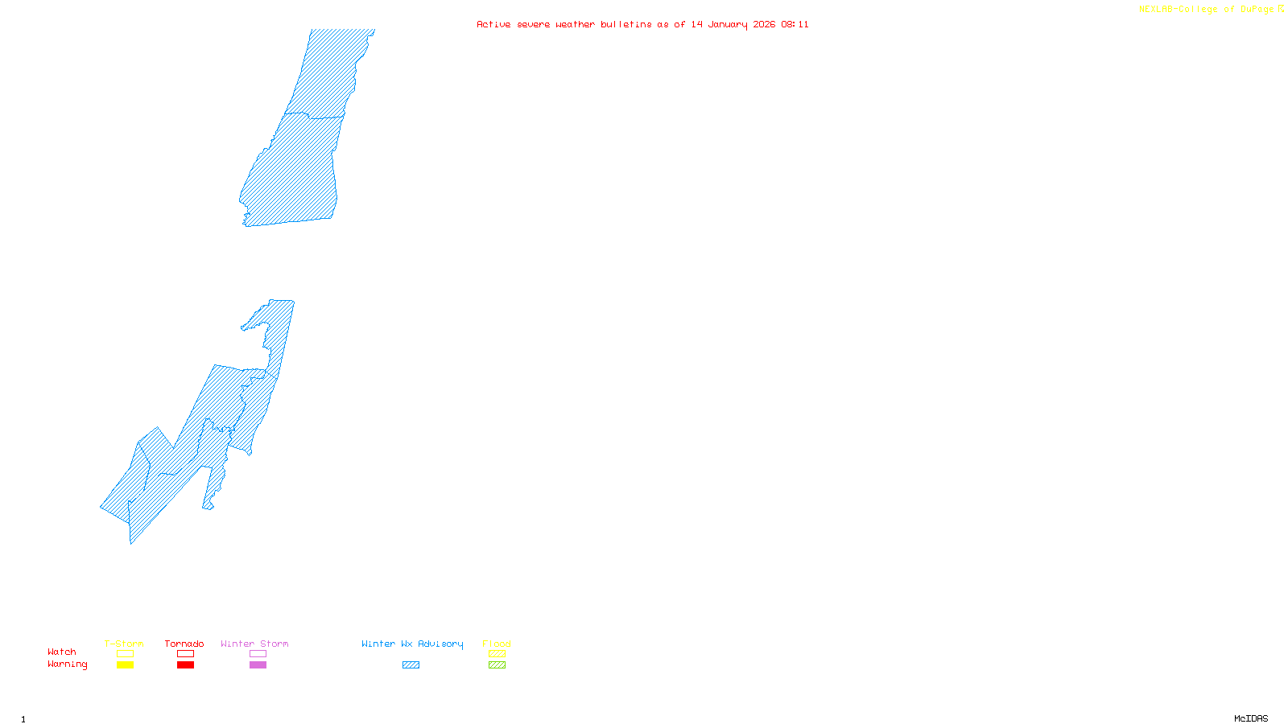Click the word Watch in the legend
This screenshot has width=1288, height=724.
pyautogui.click(x=62, y=652)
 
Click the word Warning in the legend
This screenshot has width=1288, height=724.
pyautogui.click(x=68, y=664)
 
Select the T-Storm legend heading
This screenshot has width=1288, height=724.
pyautogui.click(x=124, y=644)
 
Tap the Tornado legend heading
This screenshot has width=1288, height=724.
pyautogui.click(x=184, y=644)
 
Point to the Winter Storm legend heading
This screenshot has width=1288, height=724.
pyautogui.click(x=254, y=644)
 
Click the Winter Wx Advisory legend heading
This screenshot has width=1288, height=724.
pyautogui.click(x=412, y=644)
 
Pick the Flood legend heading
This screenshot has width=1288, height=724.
pyautogui.click(x=497, y=644)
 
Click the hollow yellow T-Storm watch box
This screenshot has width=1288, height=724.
pyautogui.click(x=125, y=654)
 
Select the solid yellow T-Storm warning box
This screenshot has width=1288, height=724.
pyautogui.click(x=125, y=665)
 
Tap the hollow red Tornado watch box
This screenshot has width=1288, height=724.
pyautogui.click(x=185, y=654)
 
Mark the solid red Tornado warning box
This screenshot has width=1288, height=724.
pyautogui.click(x=185, y=665)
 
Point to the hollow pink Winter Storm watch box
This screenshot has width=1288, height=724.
pyautogui.click(x=258, y=654)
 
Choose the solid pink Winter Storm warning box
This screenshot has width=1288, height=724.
pyautogui.click(x=258, y=665)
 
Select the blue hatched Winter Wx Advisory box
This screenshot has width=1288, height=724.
pyautogui.click(x=411, y=665)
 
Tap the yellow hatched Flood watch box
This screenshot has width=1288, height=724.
pyautogui.click(x=497, y=654)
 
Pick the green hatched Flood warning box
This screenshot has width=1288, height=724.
pyautogui.click(x=497, y=665)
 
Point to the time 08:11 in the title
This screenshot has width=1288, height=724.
pyautogui.click(x=795, y=24)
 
